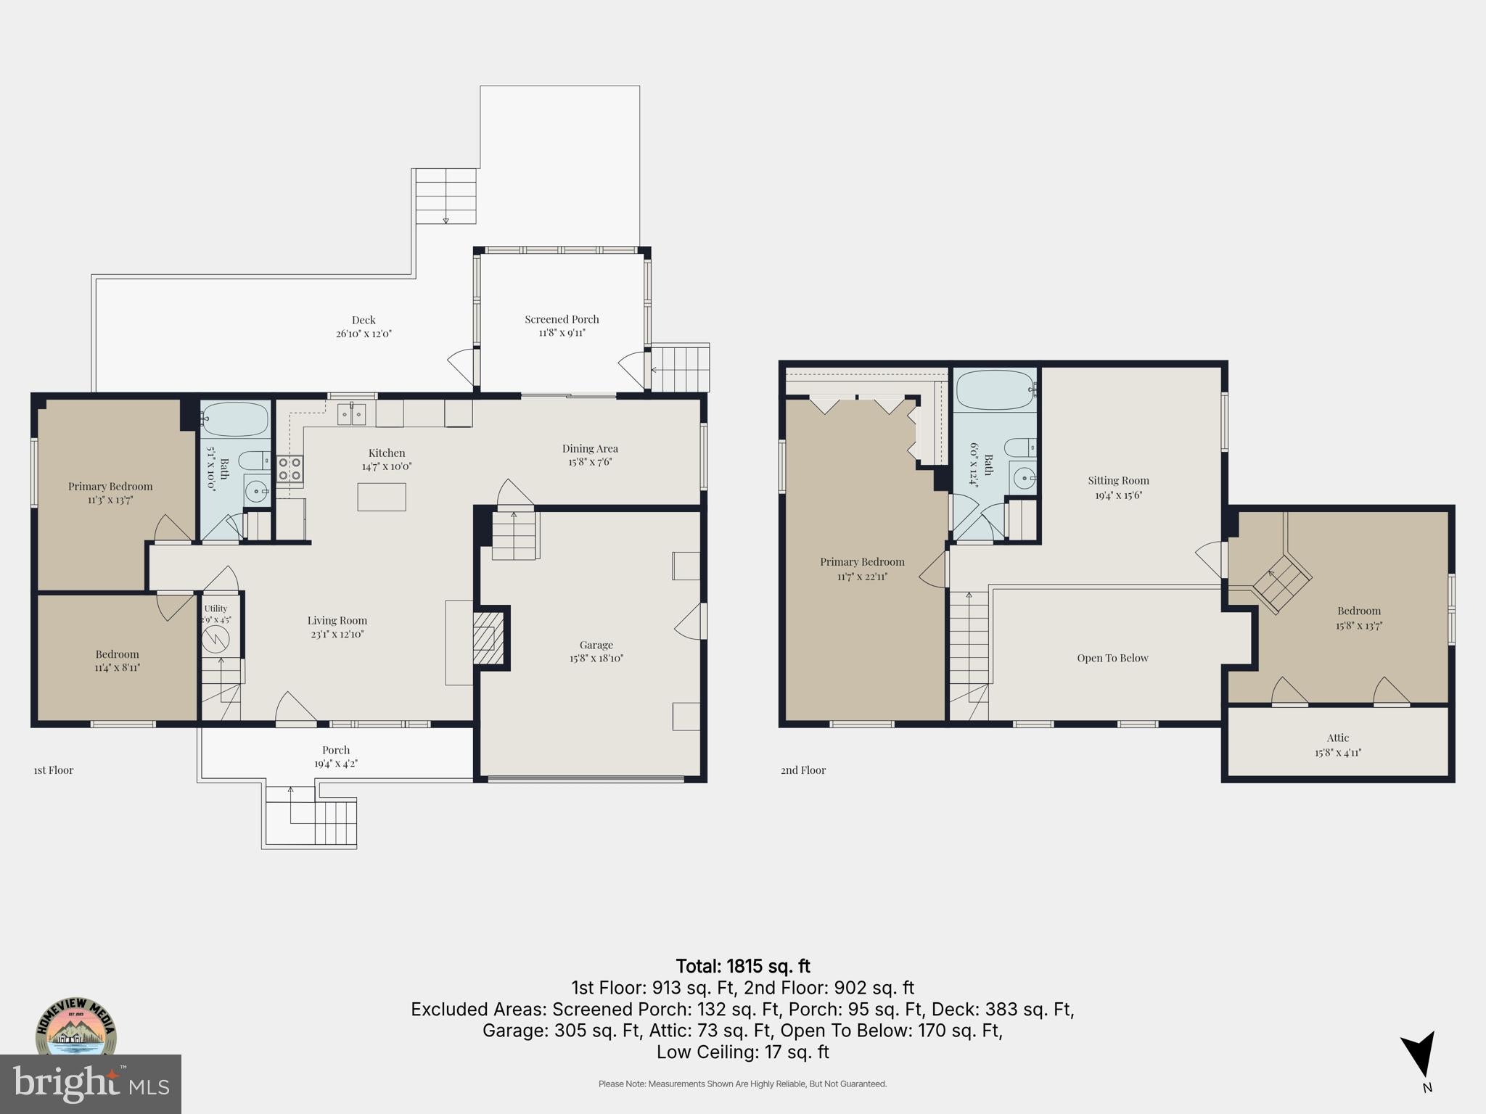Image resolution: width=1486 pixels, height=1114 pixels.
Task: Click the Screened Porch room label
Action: click(x=562, y=319)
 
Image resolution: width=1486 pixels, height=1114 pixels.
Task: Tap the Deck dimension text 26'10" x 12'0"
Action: click(x=364, y=334)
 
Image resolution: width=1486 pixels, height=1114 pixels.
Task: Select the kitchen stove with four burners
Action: click(x=290, y=469)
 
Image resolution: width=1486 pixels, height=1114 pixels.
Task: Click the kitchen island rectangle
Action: click(x=382, y=497)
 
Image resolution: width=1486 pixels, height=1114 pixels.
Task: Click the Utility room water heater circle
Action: click(x=215, y=639)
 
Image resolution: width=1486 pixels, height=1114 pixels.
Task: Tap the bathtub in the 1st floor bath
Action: click(x=235, y=419)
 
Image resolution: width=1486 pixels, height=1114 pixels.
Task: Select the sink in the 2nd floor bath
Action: click(x=1024, y=478)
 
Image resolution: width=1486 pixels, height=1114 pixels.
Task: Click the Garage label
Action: click(x=596, y=645)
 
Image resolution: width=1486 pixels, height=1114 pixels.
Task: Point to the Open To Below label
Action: click(x=1112, y=659)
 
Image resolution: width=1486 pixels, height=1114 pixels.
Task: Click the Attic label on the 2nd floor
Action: click(x=1338, y=738)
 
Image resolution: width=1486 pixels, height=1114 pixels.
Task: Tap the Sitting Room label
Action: click(x=1118, y=481)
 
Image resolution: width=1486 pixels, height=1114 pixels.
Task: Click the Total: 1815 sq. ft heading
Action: click(x=743, y=966)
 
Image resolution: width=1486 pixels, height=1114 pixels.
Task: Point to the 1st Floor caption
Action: click(x=54, y=770)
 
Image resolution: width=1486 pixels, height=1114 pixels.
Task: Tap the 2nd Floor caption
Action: click(x=803, y=770)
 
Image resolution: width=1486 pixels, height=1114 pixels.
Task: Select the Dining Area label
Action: click(x=590, y=448)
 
